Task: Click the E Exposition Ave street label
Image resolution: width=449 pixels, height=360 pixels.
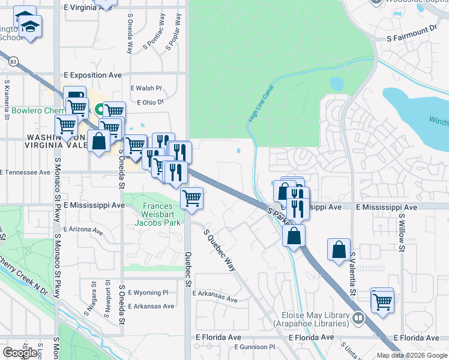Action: click(x=92, y=75)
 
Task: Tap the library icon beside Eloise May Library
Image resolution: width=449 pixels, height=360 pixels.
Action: click(x=358, y=317)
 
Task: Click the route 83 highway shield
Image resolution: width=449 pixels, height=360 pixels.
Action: click(x=13, y=61)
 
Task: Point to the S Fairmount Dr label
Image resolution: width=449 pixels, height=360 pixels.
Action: click(x=411, y=29)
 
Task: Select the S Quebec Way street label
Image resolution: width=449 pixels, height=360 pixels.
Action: click(x=219, y=250)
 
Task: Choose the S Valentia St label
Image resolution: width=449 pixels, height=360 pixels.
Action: click(x=354, y=269)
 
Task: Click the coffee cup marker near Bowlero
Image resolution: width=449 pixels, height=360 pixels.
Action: click(x=76, y=95)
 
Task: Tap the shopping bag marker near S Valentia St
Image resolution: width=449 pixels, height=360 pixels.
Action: click(x=339, y=248)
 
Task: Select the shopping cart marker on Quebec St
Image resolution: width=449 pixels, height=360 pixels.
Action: click(x=191, y=197)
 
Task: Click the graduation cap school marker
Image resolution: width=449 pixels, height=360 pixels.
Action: click(x=30, y=26)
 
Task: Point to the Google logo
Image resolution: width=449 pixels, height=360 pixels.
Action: click(x=20, y=353)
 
